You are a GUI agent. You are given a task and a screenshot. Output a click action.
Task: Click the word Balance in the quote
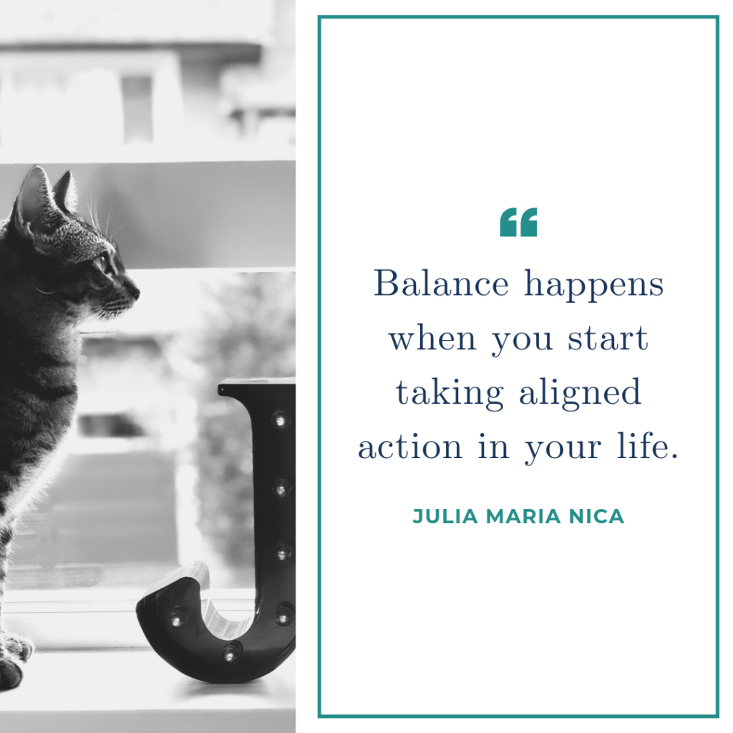441,283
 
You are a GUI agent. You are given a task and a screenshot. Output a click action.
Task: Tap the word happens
593,284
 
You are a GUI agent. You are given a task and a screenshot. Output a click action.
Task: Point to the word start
608,338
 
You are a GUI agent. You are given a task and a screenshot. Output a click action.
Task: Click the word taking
450,394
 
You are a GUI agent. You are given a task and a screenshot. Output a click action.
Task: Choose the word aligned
580,394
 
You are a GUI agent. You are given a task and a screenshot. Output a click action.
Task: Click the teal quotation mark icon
518,222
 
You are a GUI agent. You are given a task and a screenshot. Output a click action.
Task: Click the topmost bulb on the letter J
280,420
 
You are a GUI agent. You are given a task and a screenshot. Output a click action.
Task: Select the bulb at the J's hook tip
178,618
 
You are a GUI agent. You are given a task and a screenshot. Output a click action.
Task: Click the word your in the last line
563,449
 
